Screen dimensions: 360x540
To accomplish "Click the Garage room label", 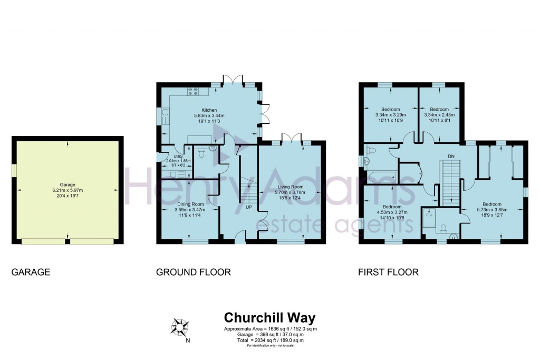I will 67,184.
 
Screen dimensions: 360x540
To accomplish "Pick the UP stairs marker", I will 249,207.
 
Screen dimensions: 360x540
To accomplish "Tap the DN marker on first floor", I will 451,156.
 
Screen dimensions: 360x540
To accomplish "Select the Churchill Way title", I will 269,318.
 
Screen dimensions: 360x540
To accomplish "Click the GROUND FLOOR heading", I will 193,273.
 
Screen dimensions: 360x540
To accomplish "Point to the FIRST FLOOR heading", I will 388,273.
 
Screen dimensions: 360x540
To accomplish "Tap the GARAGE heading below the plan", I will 31,273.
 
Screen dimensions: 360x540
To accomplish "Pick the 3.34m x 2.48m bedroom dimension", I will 439,114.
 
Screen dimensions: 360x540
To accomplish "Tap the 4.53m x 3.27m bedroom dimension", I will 392,213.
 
